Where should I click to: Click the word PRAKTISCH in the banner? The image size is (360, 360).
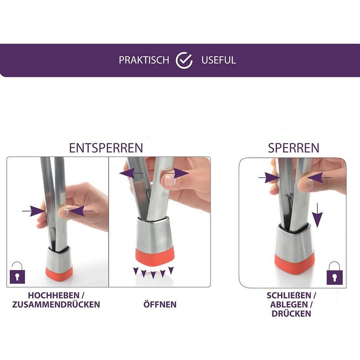point(144,60)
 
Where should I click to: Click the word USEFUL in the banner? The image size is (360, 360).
point(219,60)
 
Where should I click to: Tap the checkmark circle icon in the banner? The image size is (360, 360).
point(184,60)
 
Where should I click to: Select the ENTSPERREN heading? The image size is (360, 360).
point(106,148)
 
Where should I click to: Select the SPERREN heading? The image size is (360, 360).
point(293,148)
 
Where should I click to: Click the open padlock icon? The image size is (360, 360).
point(17,273)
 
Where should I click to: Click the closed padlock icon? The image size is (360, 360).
point(335,273)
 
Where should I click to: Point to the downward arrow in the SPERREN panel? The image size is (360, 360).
point(317,215)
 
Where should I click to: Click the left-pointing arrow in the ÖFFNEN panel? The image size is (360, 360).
point(132,173)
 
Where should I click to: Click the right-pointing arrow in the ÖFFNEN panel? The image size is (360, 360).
point(178,173)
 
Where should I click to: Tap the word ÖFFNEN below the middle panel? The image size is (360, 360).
point(160,304)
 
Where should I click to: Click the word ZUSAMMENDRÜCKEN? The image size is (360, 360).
point(56,304)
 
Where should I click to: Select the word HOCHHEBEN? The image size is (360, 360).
point(54,295)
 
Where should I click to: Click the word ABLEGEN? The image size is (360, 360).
point(289,304)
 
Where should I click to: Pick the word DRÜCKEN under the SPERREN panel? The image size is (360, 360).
point(292,313)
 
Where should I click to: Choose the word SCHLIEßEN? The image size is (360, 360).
point(289,295)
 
